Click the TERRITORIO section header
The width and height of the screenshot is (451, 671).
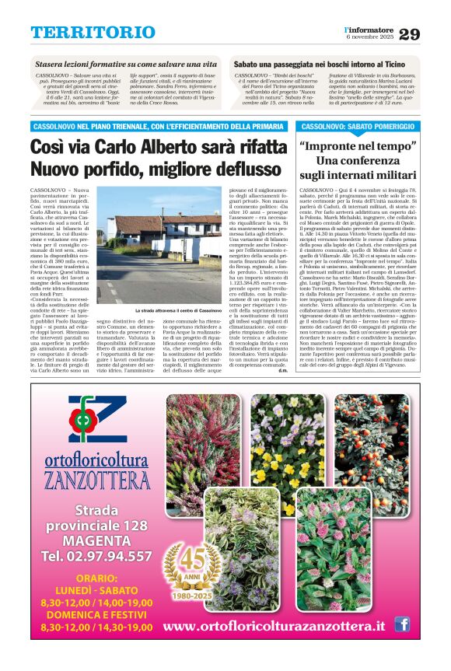(93, 32)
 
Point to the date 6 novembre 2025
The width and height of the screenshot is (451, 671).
(370, 37)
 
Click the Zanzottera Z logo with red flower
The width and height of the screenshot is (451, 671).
(96, 421)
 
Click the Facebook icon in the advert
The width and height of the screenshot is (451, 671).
(402, 624)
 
